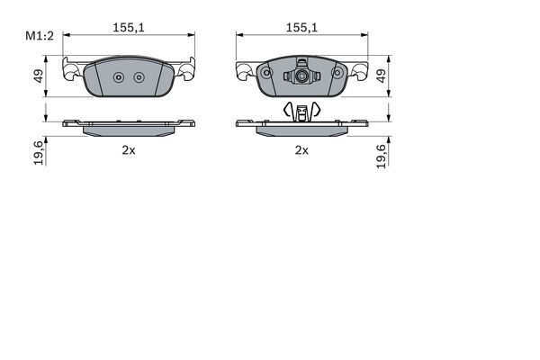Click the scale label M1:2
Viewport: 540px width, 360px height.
pos(39,35)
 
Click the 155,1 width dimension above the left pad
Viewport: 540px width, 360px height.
pos(129,28)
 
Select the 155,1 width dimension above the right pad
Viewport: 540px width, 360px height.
pos(301,28)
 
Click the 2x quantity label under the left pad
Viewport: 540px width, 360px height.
pos(129,150)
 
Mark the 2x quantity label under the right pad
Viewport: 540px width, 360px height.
pos(301,150)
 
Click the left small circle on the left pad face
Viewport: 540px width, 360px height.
pos(119,77)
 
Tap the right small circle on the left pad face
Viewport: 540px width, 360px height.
pos(139,77)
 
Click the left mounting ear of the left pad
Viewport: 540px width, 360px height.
pos(72,70)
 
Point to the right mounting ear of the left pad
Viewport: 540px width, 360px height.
pos(186,70)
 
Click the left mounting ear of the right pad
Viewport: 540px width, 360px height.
pos(245,70)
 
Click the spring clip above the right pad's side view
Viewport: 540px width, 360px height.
pos(302,112)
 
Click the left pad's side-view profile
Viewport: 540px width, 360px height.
pos(129,127)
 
